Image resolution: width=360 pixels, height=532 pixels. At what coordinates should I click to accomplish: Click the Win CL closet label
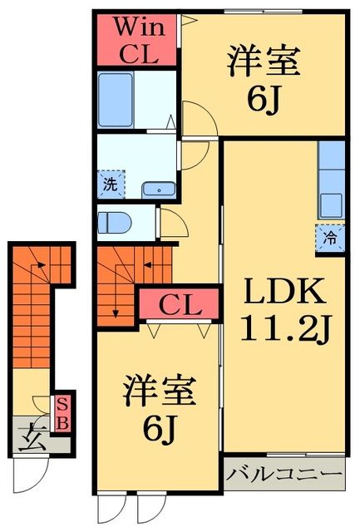tap(136, 39)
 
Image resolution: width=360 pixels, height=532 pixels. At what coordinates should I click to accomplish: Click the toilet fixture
tap(111, 223)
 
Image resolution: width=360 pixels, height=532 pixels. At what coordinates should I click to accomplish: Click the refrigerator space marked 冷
tap(330, 238)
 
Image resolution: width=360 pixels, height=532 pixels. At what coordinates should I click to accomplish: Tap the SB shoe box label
tap(63, 414)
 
